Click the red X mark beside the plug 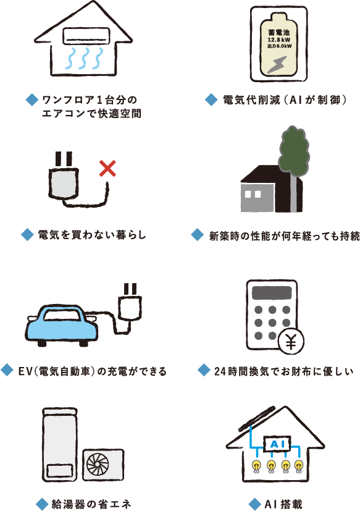(x=107, y=168)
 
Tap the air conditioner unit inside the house (x=86, y=35)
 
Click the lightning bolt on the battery (x=277, y=65)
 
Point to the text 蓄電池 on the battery (x=278, y=32)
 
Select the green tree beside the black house (x=293, y=153)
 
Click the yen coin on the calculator (x=291, y=342)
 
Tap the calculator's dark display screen (x=271, y=293)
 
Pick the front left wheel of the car (x=42, y=343)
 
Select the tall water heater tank (x=59, y=445)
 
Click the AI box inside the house (x=277, y=444)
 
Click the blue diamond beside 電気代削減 (x=211, y=99)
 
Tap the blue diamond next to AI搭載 (x=254, y=504)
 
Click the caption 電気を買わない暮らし (x=92, y=235)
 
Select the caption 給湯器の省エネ (x=91, y=504)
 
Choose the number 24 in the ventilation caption (x=220, y=371)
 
